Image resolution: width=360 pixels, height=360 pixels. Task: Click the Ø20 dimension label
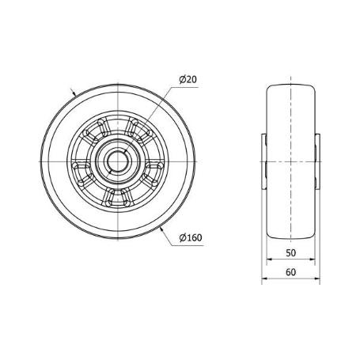pyautogui.click(x=188, y=79)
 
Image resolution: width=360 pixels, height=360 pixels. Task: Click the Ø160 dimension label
pyautogui.click(x=191, y=237)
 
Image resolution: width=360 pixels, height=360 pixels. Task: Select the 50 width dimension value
pyautogui.click(x=290, y=253)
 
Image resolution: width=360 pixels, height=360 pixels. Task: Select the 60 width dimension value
pyautogui.click(x=290, y=272)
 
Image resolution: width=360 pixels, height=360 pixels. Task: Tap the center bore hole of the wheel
pyautogui.click(x=118, y=161)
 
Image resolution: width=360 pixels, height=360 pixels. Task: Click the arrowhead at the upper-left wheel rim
pyautogui.click(x=74, y=93)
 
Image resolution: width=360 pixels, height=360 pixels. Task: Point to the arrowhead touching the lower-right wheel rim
pyautogui.click(x=161, y=230)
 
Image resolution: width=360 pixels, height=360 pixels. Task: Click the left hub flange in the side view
pyautogui.click(x=263, y=161)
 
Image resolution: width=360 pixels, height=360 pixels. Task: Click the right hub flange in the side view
pyautogui.click(x=317, y=161)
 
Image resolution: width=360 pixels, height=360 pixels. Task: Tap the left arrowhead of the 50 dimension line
pyautogui.click(x=269, y=260)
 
